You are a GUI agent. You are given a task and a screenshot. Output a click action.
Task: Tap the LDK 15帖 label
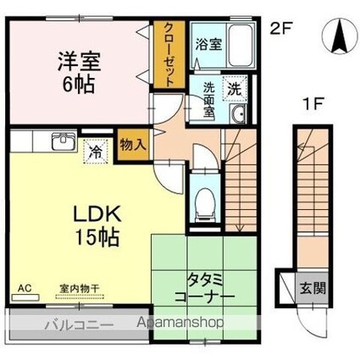click(97, 226)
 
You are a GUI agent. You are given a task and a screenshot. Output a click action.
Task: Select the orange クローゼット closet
click(169, 54)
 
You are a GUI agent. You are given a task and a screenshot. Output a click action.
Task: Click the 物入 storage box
click(133, 146)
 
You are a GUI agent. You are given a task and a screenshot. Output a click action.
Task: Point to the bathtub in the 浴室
click(241, 45)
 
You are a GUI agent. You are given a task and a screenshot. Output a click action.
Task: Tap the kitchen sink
click(64, 141)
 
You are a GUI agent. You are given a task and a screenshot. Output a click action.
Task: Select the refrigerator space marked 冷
click(96, 152)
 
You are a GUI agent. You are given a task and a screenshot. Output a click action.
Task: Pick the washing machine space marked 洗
click(235, 89)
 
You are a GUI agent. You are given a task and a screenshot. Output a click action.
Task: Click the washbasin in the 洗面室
click(238, 114)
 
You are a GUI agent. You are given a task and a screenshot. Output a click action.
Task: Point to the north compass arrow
click(339, 36)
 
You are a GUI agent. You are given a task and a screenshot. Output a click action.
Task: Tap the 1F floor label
click(313, 105)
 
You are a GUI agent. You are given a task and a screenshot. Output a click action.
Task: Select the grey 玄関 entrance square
click(313, 288)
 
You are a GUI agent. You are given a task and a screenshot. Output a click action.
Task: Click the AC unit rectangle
click(25, 297)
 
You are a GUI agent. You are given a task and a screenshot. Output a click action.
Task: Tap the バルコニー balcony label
click(80, 324)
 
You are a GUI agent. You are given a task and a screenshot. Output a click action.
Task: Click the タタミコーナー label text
click(205, 288)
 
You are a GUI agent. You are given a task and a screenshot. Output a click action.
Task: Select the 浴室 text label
click(208, 45)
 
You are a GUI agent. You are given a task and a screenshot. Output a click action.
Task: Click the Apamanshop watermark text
click(180, 322)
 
